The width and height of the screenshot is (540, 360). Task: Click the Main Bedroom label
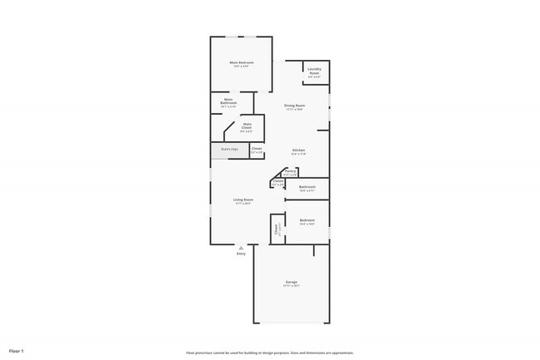241,62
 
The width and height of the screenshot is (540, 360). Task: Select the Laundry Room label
314,70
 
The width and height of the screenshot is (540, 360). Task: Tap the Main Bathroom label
228,101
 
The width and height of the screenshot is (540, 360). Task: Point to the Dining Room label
294,106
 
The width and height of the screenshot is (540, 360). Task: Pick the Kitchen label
297,150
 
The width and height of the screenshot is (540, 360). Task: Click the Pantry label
290,170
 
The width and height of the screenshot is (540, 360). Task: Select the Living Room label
243,200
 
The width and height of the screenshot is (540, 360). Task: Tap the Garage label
292,282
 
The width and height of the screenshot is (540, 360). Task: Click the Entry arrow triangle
241,248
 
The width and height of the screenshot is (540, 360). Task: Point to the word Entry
241,254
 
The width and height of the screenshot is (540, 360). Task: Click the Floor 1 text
17,351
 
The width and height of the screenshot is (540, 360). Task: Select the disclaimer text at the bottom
270,352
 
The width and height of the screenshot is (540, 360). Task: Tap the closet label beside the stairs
257,149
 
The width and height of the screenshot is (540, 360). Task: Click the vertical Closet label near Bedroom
275,230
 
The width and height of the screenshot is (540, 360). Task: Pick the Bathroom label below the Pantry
307,187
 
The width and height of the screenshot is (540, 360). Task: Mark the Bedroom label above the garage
307,220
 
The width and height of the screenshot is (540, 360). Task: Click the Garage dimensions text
292,286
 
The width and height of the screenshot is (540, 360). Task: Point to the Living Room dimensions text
243,204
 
